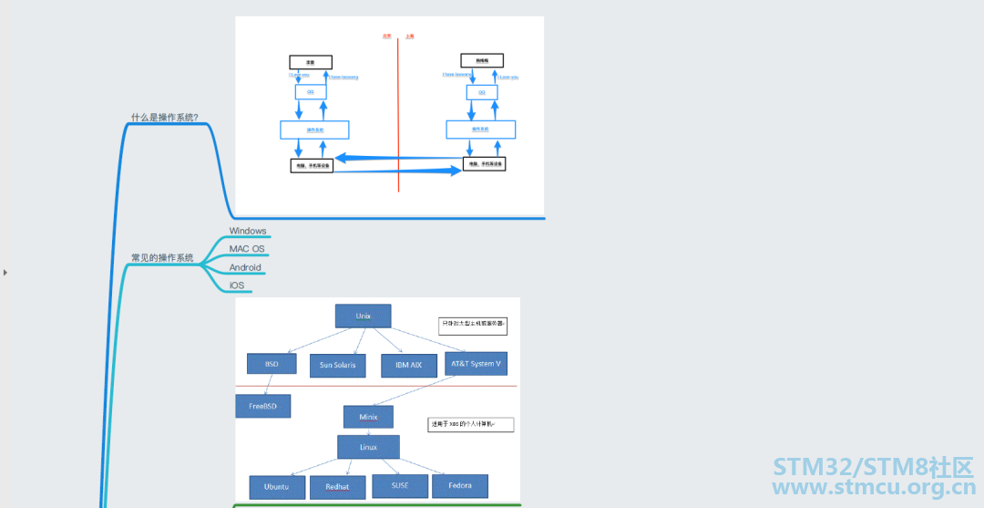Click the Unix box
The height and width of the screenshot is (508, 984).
coord(363,316)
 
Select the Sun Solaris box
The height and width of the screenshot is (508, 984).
coord(337,366)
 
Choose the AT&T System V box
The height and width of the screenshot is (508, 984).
coord(476,363)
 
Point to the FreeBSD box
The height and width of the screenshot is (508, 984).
coord(263,406)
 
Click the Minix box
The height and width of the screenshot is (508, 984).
coord(368,417)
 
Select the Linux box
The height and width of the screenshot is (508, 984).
coord(368,447)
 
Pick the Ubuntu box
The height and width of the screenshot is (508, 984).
coord(278,487)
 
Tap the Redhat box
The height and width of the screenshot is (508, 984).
coord(337,487)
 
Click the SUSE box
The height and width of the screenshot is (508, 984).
coord(400,485)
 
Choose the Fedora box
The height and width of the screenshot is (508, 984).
coord(459,485)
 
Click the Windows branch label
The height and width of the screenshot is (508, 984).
coord(248,231)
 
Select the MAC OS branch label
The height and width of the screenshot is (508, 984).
coord(247,249)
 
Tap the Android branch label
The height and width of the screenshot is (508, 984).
coord(245,267)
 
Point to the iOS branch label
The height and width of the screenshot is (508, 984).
coord(237,285)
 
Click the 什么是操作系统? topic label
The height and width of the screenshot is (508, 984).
coord(165,117)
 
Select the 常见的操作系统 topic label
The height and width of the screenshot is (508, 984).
coord(162,258)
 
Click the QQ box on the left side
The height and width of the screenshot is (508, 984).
coord(311,92)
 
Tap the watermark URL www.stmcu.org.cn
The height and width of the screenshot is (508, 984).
coord(873,489)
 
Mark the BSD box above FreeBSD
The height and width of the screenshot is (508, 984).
coord(272,363)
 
